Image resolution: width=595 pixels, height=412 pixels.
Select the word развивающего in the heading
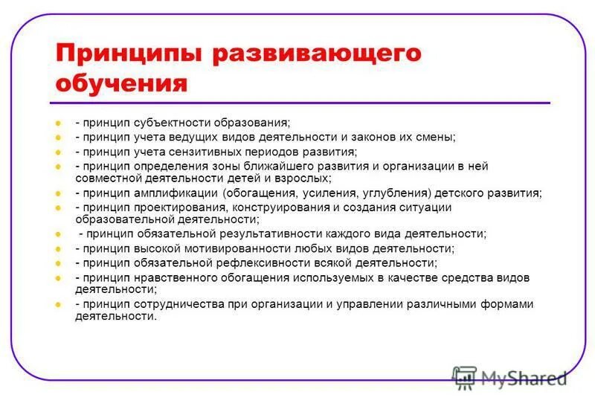[315, 54]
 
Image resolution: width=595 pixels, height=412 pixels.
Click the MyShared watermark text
[524, 378]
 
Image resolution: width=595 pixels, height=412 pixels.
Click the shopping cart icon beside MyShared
[465, 378]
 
